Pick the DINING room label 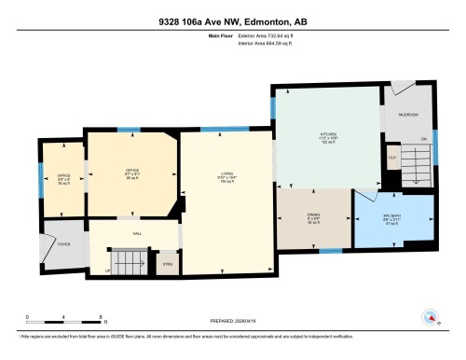click(314, 217)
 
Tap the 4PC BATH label click(392, 216)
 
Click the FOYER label click(64, 243)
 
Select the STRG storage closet click(168, 265)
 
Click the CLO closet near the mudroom click(393, 159)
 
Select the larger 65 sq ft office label click(131, 174)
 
